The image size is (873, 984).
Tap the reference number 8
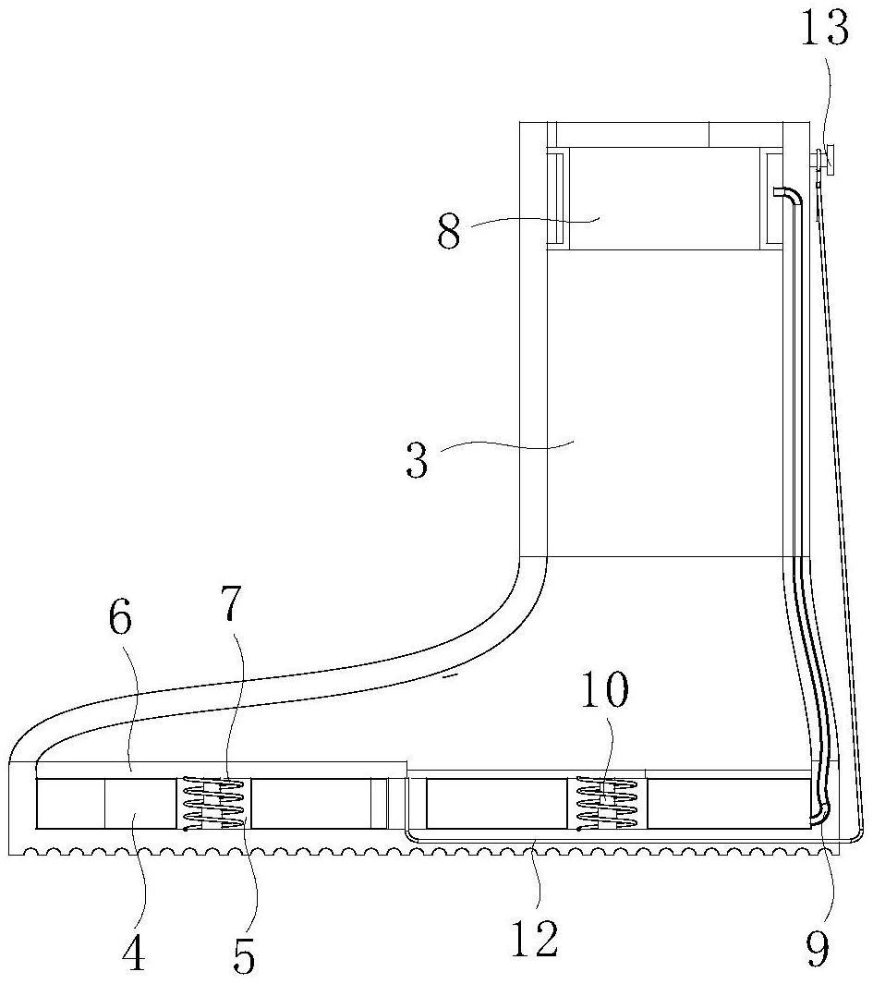(x=448, y=232)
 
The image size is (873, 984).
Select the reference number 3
(x=417, y=460)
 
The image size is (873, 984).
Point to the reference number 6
(x=120, y=621)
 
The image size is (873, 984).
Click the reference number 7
(x=230, y=605)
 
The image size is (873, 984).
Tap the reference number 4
(x=133, y=954)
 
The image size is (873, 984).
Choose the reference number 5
(x=243, y=956)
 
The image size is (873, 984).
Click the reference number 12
(x=535, y=940)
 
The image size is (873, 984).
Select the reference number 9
(x=818, y=949)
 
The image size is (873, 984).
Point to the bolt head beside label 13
(x=829, y=159)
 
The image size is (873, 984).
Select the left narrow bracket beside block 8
(x=555, y=199)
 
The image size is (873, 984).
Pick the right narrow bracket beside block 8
(x=773, y=199)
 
